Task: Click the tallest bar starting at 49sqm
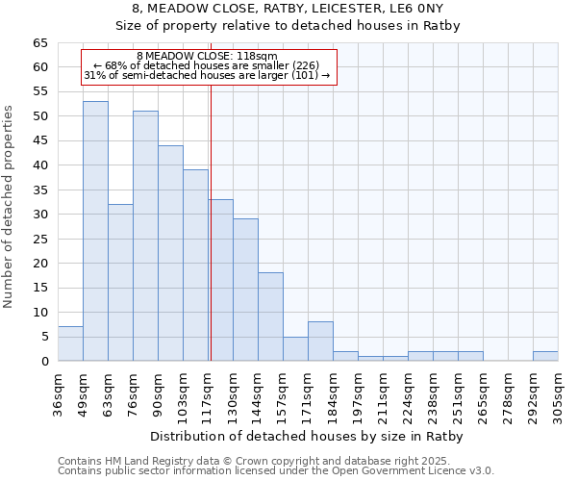95,231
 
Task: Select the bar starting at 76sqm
145,236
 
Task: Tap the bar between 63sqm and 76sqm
120,282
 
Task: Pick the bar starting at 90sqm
170,253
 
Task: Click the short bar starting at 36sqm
70,343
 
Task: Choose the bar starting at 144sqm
270,316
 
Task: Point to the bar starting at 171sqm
320,342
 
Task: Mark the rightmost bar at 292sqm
545,356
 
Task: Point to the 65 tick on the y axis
41,43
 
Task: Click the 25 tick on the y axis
41,239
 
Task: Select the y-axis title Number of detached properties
9,207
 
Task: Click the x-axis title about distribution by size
308,437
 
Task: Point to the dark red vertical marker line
210,221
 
